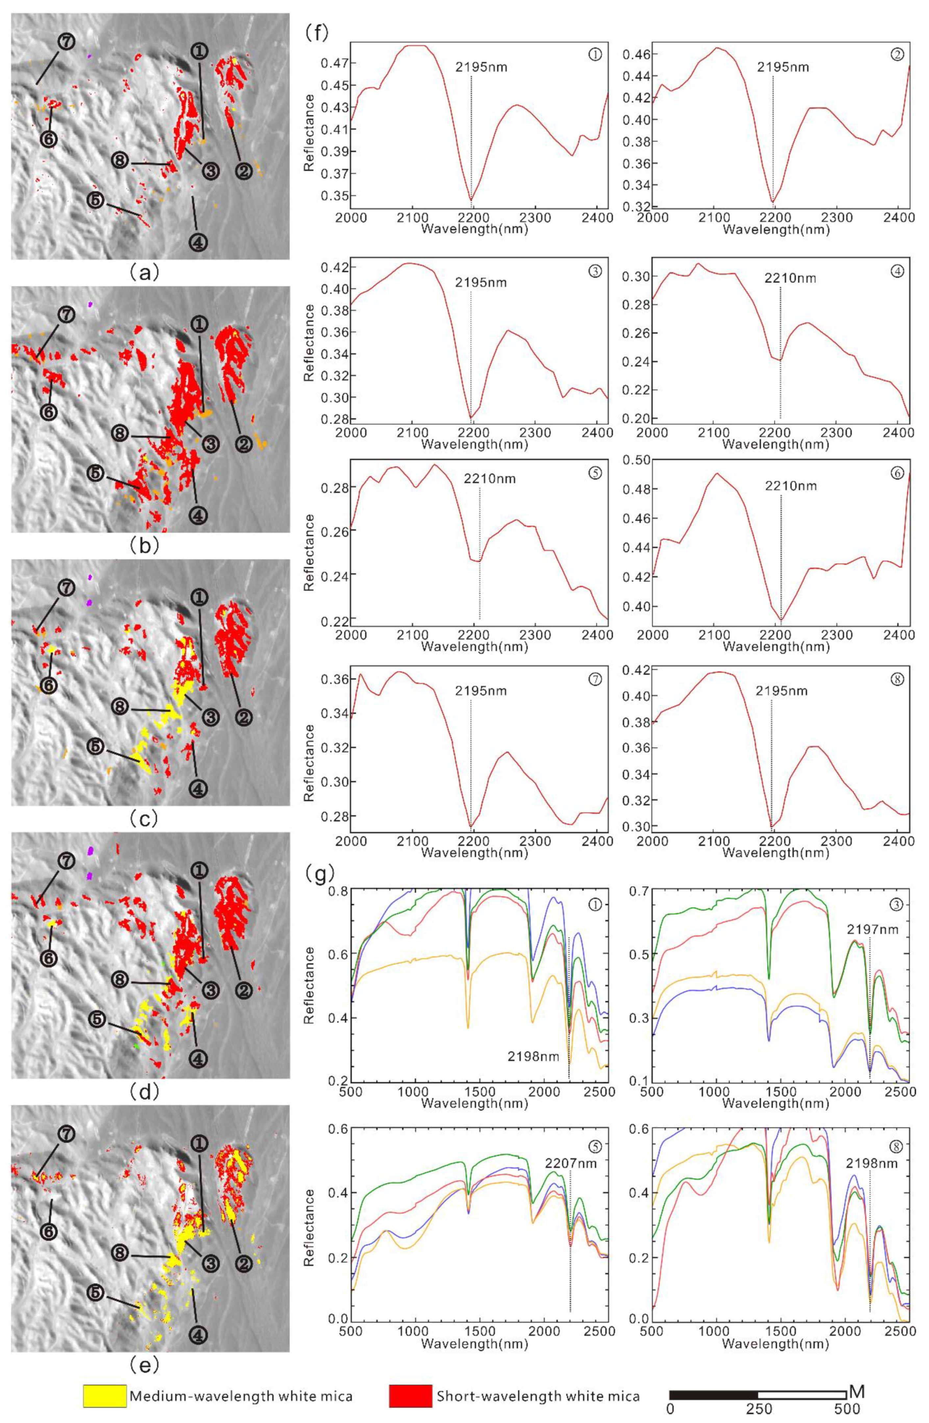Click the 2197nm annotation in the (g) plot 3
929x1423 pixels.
872,946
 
